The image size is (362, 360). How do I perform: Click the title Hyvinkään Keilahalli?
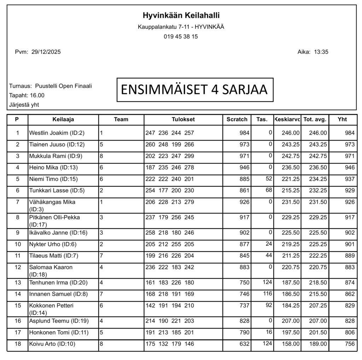(x=181, y=16)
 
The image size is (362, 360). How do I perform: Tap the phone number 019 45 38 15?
(x=181, y=36)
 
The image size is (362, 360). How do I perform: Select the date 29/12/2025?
(x=46, y=52)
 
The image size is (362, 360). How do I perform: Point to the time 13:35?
(x=321, y=52)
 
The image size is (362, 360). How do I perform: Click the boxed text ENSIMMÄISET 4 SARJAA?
(x=194, y=90)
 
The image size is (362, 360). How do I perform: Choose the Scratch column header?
(x=237, y=120)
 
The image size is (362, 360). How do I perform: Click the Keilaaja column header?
(x=63, y=120)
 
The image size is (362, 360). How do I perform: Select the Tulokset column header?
(x=183, y=120)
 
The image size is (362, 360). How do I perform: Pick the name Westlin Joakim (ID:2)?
(x=57, y=133)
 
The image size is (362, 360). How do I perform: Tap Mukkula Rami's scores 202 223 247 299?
(x=170, y=156)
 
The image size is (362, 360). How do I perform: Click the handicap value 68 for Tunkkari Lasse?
(x=269, y=190)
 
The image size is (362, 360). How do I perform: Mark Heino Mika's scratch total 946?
(x=244, y=167)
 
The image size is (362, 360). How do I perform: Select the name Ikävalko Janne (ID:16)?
(x=58, y=233)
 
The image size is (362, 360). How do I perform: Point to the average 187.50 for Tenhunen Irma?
(x=291, y=283)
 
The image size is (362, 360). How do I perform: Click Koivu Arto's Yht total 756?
(x=350, y=344)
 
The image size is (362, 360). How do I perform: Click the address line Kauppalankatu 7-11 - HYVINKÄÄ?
(x=181, y=27)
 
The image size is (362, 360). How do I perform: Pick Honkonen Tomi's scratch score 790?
(x=244, y=333)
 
